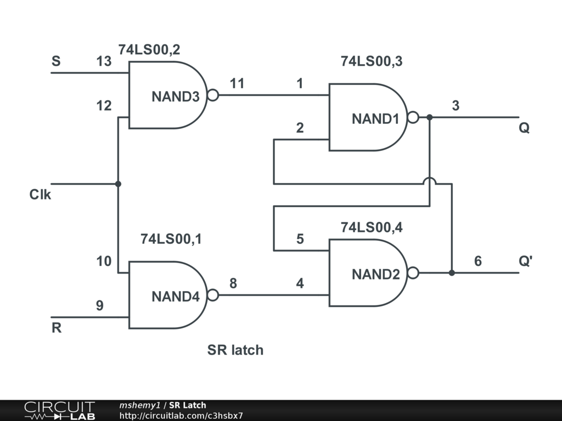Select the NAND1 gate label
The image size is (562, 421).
375,118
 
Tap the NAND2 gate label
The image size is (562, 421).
375,274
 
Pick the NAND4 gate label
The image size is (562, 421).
176,297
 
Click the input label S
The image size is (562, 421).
56,61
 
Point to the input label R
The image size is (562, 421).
57,329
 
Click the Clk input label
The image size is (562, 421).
40,195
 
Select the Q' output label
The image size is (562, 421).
525,261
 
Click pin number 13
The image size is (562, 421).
104,61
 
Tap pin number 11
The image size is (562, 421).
237,84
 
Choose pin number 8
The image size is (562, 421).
233,283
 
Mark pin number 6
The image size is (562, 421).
478,261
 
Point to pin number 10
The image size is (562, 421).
104,261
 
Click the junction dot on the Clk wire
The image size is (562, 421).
118,184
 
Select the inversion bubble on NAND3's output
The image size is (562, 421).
213,95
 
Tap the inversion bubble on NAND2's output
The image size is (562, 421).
413,272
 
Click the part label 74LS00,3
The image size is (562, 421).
372,61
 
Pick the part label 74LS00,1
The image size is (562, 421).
171,239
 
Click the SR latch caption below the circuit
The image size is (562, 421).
235,350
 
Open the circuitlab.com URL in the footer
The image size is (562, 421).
181,416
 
